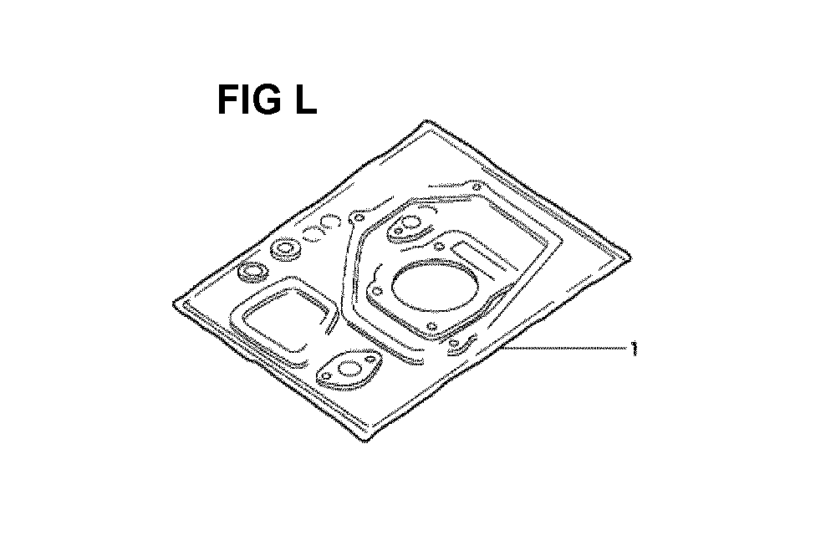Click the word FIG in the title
click(249, 99)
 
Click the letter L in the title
click(306, 99)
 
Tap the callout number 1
click(634, 349)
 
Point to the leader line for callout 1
click(564, 349)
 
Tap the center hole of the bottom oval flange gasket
click(349, 368)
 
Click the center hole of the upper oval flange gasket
click(410, 222)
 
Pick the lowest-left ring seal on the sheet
click(252, 272)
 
